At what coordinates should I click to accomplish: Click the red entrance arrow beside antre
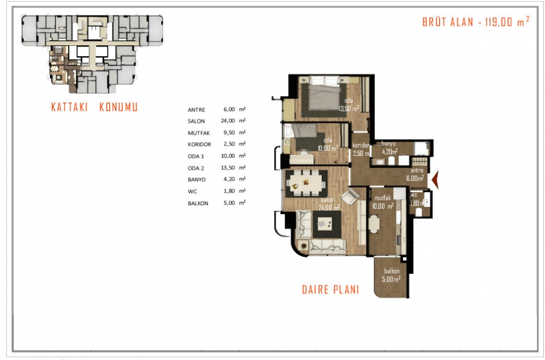[435, 180]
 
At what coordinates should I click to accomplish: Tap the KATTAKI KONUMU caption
[95, 107]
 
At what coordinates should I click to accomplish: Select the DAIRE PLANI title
[330, 289]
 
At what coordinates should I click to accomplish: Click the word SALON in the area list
[196, 121]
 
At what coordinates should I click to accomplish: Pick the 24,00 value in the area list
[228, 121]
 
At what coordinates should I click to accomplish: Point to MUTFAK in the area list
[199, 133]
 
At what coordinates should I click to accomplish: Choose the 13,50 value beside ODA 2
[228, 168]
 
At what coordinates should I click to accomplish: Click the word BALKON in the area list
[198, 203]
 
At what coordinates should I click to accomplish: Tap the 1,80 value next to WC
[229, 191]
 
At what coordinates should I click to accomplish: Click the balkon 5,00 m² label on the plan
[391, 275]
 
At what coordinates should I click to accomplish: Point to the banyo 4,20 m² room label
[390, 147]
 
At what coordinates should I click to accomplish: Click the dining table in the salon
[306, 183]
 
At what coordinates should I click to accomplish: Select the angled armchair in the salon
[351, 198]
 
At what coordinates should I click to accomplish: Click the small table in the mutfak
[374, 224]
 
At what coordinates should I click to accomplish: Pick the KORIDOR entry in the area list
[200, 144]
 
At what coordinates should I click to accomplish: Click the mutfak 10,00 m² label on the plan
[383, 202]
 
